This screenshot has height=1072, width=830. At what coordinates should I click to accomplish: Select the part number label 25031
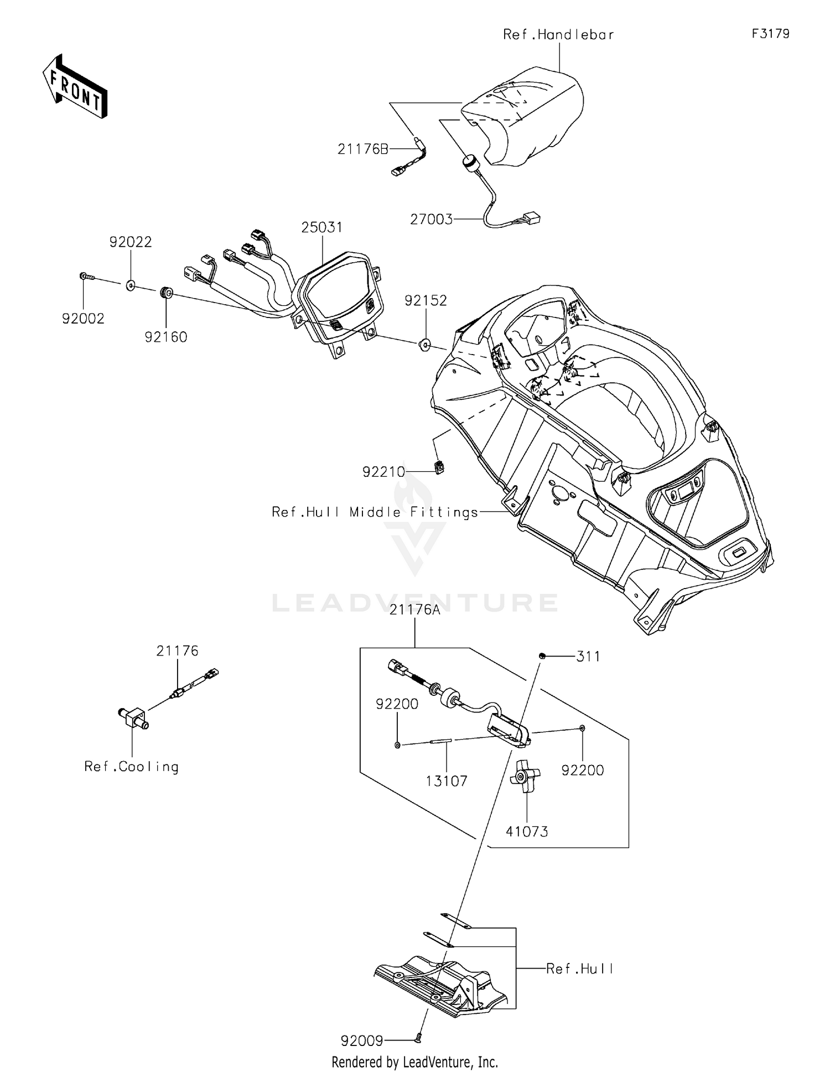coord(322,227)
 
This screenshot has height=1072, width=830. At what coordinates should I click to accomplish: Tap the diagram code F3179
coord(770,34)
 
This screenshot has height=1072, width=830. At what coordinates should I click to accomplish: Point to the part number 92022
coord(131,242)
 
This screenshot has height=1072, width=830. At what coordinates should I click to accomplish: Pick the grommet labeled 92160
coord(165,293)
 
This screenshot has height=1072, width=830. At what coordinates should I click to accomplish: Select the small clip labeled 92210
coord(440,467)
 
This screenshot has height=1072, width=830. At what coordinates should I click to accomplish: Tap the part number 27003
coord(431,220)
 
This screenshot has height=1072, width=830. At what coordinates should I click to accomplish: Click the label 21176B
coord(363,149)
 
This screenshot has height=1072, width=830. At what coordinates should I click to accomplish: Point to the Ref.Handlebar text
coord(558,34)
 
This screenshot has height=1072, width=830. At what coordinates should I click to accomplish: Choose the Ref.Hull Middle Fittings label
coord(375,512)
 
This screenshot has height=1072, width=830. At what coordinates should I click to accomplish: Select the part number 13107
coord(447,782)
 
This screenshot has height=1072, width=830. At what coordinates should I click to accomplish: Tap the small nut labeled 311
coord(542,655)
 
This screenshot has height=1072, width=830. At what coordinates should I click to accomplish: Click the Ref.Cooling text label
coord(132,767)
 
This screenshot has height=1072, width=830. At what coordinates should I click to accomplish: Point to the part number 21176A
coord(415,610)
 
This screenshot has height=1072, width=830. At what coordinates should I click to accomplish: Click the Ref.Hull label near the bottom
coord(580,969)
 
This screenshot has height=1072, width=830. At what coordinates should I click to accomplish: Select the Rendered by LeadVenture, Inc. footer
coord(415,1062)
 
